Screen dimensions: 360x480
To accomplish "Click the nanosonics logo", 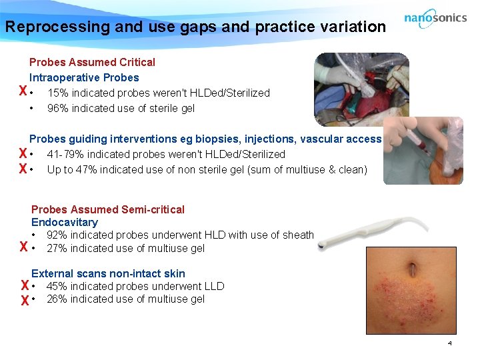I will pyautogui.click(x=435, y=19).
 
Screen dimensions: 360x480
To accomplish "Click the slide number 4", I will pyautogui.click(x=449, y=343).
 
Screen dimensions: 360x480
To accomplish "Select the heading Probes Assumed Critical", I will pyautogui.click(x=92, y=62).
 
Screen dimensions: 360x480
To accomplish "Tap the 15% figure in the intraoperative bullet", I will pyautogui.click(x=57, y=93).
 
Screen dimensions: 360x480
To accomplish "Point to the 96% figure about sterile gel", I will pyautogui.click(x=57, y=109).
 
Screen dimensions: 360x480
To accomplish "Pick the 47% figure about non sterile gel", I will pyautogui.click(x=83, y=170).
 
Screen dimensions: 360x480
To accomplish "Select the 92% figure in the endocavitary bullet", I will pyautogui.click(x=57, y=235).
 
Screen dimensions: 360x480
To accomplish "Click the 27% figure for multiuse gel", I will pyautogui.click(x=57, y=249).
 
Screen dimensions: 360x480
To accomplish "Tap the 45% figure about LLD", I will pyautogui.click(x=57, y=287).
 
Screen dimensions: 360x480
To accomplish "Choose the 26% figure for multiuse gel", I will pyautogui.click(x=57, y=299).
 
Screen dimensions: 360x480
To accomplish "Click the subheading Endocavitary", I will pyautogui.click(x=65, y=222).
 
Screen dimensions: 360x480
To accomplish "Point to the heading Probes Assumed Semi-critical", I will pyautogui.click(x=108, y=209).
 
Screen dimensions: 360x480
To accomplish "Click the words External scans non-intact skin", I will pyautogui.click(x=108, y=273).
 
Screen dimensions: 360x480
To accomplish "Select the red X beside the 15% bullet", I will pyautogui.click(x=23, y=92).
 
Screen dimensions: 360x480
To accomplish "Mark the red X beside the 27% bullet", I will pyautogui.click(x=23, y=248).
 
